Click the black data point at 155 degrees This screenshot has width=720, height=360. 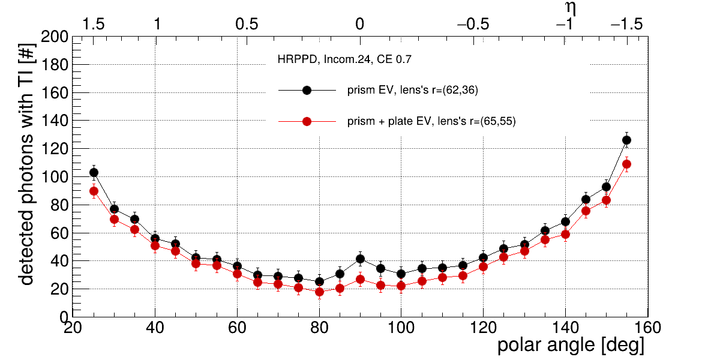click(626, 140)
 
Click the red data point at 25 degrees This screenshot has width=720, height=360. click(94, 191)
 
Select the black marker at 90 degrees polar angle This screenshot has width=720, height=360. click(360, 259)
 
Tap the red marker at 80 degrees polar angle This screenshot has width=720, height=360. click(319, 292)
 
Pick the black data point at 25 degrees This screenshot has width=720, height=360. click(94, 172)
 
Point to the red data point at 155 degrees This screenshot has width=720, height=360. click(626, 164)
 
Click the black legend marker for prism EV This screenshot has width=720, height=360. click(307, 90)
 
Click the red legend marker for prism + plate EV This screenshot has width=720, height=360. click(307, 121)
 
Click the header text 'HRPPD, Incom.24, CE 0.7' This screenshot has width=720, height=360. click(344, 60)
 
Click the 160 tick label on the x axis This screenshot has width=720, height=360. click(647, 328)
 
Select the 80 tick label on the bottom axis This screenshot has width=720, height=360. click(319, 328)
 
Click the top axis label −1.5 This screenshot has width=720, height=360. click(626, 25)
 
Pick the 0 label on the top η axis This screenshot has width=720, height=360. click(359, 25)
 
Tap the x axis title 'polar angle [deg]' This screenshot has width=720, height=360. click(571, 346)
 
